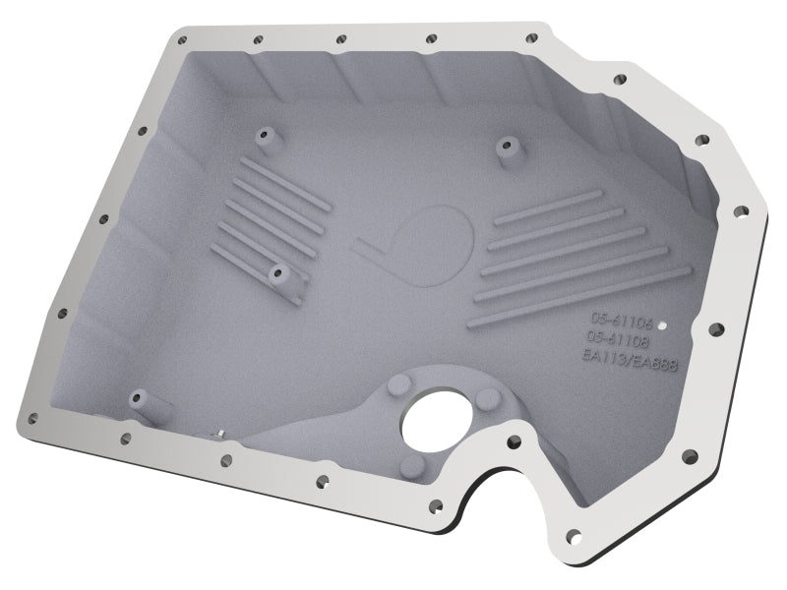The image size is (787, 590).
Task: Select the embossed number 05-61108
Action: (x=617, y=338)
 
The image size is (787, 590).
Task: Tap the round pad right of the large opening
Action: (x=487, y=398)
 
